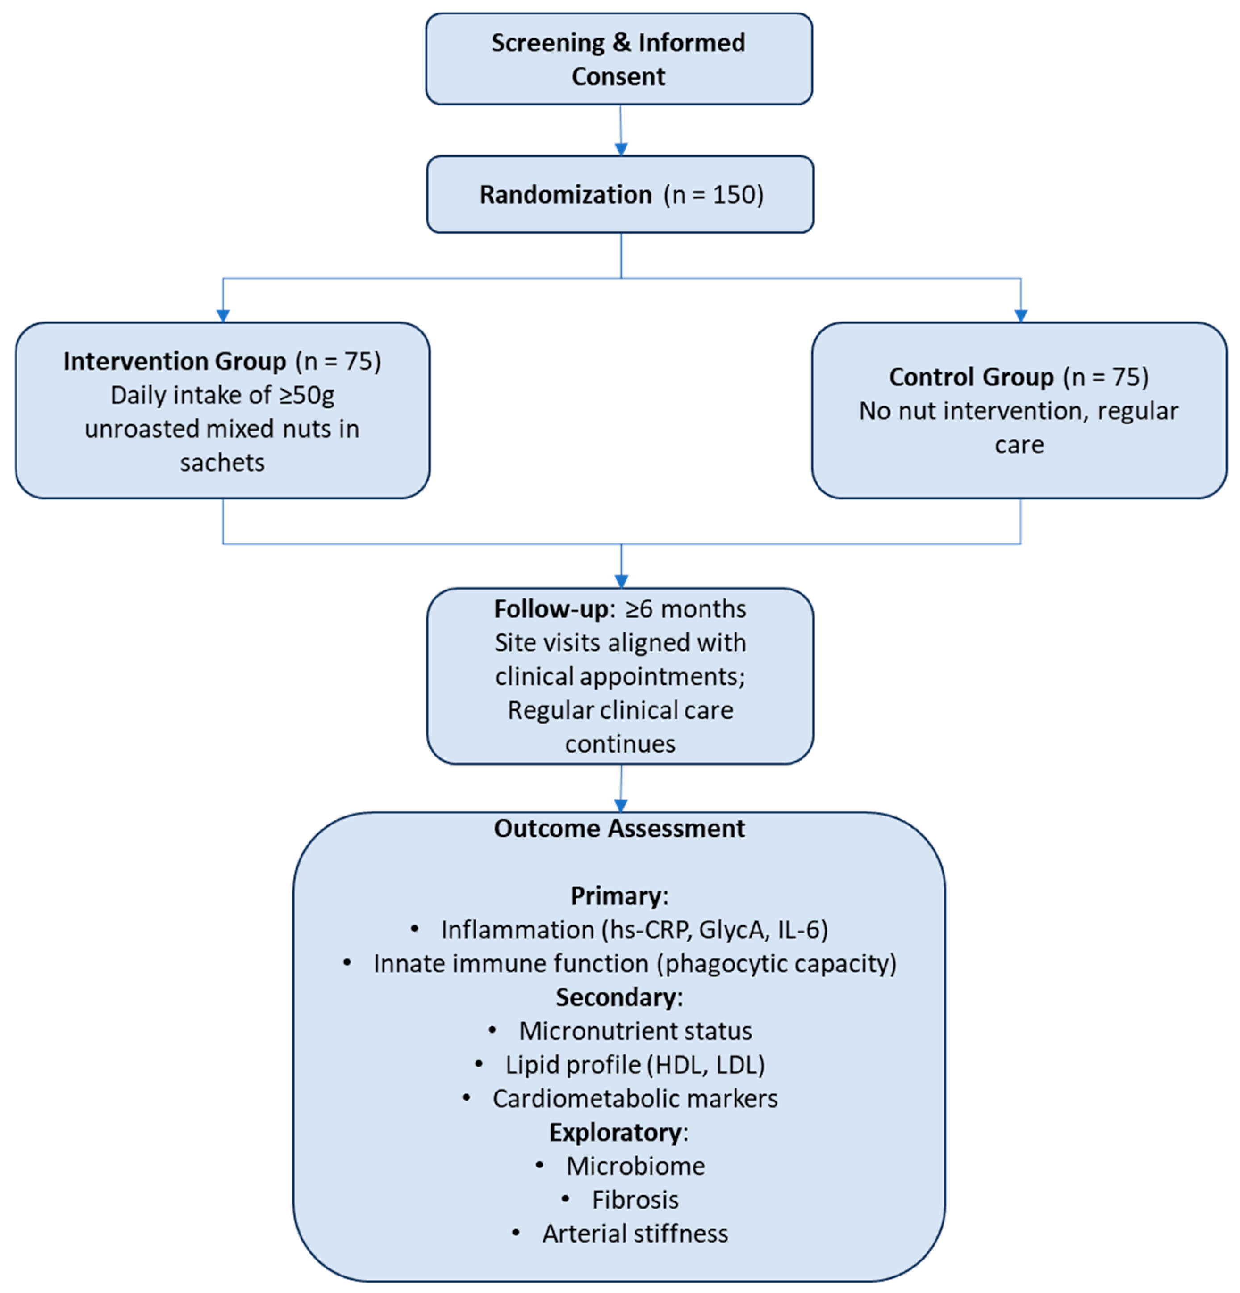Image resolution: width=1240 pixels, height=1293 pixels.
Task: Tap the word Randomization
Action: [565, 195]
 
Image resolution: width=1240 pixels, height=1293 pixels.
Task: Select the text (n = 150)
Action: [714, 195]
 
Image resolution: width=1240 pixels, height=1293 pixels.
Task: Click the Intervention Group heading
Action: [174, 361]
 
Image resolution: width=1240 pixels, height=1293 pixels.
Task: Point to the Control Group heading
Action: [971, 377]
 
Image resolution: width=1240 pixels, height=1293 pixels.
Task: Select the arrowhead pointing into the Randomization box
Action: [621, 149]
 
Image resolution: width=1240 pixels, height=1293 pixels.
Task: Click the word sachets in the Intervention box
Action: [222, 462]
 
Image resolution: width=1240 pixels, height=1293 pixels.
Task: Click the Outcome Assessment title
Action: [619, 828]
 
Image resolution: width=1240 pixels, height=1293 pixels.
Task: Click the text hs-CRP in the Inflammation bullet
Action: [650, 929]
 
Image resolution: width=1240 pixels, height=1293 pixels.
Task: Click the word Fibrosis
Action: [635, 1199]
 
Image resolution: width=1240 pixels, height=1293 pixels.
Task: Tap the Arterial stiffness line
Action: [635, 1233]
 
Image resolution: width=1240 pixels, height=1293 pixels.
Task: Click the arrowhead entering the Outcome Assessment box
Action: [621, 805]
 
